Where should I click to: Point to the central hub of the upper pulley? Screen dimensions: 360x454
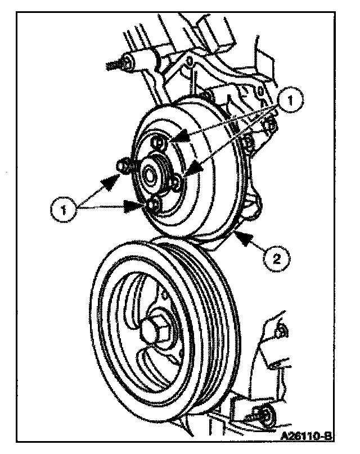151,173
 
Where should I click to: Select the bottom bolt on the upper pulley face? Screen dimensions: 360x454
152,206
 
